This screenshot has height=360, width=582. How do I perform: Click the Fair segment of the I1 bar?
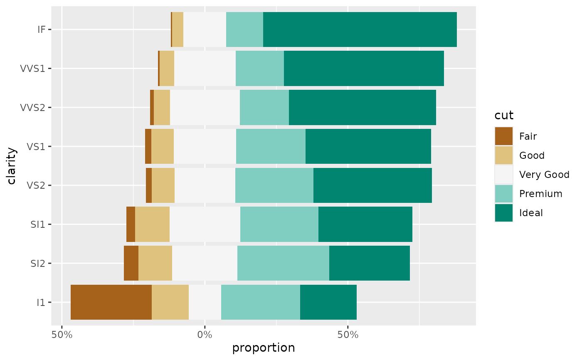(x=111, y=302)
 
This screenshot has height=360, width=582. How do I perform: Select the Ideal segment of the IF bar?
(x=360, y=30)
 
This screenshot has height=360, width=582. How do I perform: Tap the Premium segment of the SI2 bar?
(x=283, y=263)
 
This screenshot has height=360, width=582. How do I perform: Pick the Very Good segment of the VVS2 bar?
(x=205, y=108)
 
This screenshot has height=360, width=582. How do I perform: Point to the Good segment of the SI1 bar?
(x=152, y=224)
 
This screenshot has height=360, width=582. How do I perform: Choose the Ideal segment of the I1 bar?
(x=328, y=302)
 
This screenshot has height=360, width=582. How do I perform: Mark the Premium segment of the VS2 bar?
(x=274, y=185)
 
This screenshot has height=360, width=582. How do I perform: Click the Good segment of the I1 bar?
(x=170, y=302)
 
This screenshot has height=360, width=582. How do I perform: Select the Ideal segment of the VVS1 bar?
(x=364, y=69)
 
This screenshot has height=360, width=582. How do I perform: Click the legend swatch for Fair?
(x=504, y=136)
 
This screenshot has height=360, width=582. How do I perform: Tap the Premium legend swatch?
(x=504, y=194)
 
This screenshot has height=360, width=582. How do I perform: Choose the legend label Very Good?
(x=544, y=175)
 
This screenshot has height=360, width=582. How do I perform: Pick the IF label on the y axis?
(x=41, y=30)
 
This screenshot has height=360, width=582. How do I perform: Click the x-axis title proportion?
(x=264, y=348)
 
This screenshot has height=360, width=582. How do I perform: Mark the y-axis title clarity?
(x=12, y=166)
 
